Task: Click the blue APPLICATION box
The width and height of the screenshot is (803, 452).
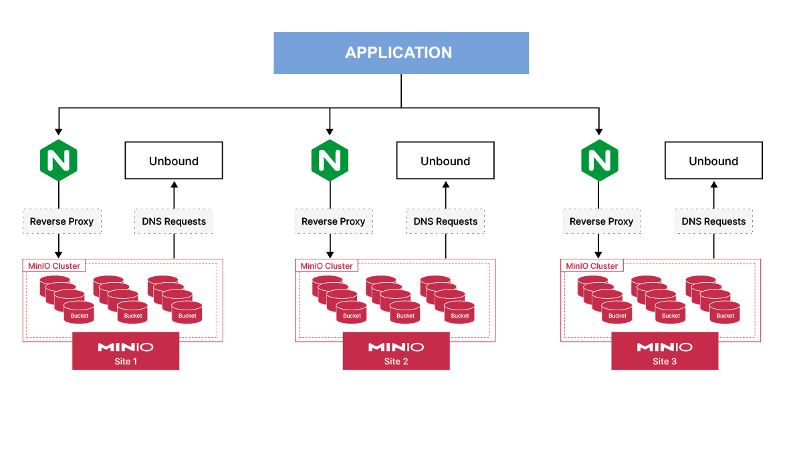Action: point(401,53)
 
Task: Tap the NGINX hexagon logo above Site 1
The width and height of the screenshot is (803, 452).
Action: point(59,160)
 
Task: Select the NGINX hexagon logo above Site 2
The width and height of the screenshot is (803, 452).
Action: point(330,160)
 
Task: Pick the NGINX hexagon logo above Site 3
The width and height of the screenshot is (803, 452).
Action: point(599,160)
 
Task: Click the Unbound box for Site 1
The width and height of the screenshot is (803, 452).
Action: point(174,160)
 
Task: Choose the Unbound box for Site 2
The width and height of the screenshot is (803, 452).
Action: point(445,160)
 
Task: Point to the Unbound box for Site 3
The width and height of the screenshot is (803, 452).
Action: point(713,160)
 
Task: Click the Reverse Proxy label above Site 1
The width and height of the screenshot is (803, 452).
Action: point(62,221)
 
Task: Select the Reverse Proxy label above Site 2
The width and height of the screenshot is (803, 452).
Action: point(334,221)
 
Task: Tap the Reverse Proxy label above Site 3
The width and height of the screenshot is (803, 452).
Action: point(602,221)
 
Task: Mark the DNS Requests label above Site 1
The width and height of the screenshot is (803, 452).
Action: point(174,221)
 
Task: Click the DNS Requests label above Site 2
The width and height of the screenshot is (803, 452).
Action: point(445,221)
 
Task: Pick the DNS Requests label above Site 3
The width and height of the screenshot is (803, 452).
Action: point(713,221)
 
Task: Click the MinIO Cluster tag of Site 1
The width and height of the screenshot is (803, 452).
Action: point(54,266)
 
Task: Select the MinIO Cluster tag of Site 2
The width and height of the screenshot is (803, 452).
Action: point(326,266)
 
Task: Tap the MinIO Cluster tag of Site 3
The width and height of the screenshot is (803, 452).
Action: point(592,266)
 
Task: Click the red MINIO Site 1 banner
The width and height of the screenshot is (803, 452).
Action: point(126,351)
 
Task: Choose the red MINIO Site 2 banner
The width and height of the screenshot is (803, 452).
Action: point(396,351)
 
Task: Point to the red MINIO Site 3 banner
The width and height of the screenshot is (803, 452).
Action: point(665,351)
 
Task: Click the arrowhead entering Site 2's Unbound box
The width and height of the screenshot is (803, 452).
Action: point(446,184)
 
